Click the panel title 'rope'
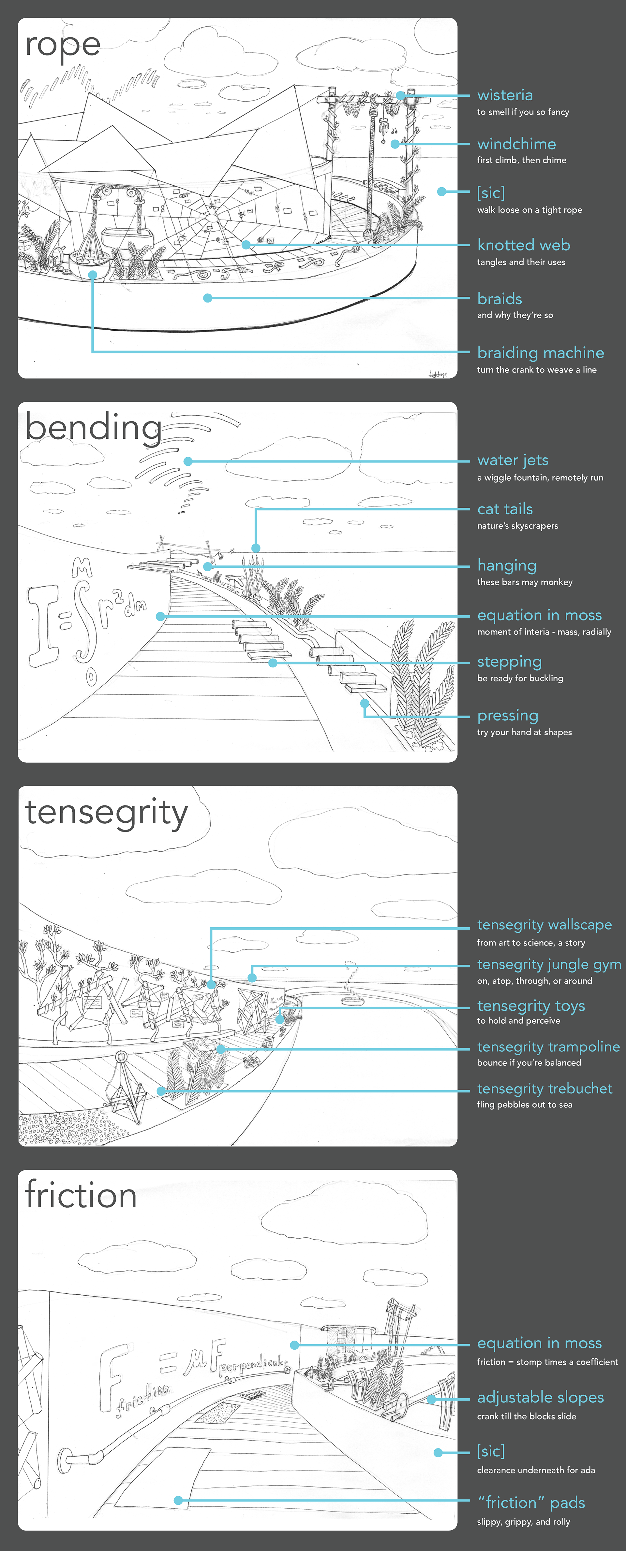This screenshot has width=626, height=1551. [x=63, y=46]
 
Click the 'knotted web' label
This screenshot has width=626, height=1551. [x=523, y=245]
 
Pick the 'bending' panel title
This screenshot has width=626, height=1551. [x=93, y=428]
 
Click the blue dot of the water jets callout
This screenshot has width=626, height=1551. [x=188, y=461]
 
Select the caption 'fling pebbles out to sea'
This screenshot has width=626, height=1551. [x=524, y=1105]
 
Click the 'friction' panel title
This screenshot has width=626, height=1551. [x=81, y=1195]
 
